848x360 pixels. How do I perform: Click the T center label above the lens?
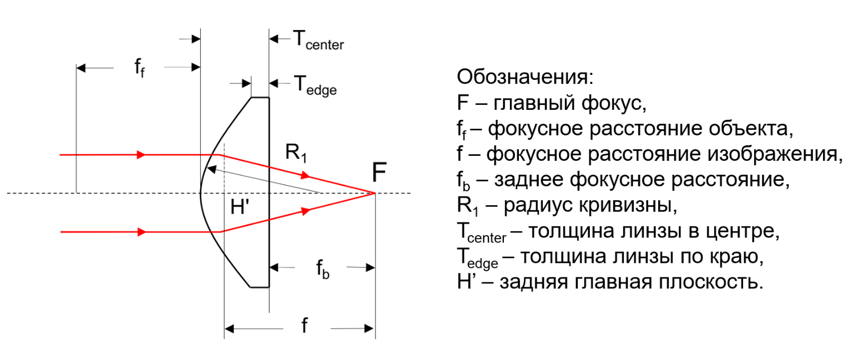click(319, 40)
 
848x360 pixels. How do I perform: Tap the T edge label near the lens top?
click(315, 85)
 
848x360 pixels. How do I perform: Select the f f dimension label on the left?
click(139, 68)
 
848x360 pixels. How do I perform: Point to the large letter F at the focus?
click(379, 173)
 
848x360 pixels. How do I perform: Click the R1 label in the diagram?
click(296, 153)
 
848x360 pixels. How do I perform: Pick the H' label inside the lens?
click(240, 207)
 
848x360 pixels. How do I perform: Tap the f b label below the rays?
click(323, 269)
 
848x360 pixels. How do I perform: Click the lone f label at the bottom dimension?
click(304, 325)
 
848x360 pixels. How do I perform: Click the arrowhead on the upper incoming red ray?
click(141, 155)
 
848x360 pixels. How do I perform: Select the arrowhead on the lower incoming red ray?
click(141, 232)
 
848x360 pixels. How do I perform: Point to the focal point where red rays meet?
click(375, 194)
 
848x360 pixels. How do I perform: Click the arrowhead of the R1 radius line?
click(212, 169)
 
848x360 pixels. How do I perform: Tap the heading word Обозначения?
click(525, 77)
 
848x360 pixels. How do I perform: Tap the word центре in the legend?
click(740, 231)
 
